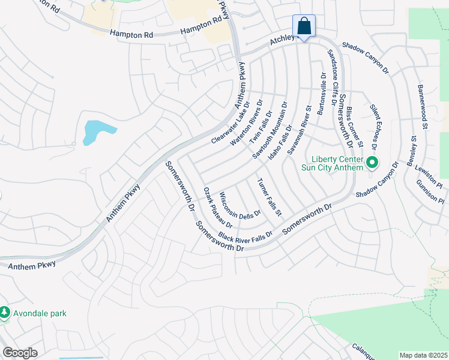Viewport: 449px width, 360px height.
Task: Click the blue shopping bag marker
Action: click(x=304, y=26)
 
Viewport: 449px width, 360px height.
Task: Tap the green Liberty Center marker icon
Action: click(x=372, y=162)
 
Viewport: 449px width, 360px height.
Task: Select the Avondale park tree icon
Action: click(x=5, y=313)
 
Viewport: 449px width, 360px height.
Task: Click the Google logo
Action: click(x=20, y=353)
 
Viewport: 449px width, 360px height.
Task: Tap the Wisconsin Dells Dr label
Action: click(x=240, y=205)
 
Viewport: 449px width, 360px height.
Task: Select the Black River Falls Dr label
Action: click(x=246, y=235)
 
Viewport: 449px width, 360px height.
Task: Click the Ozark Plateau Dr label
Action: click(x=217, y=207)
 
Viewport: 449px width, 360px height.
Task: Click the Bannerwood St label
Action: click(x=422, y=107)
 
